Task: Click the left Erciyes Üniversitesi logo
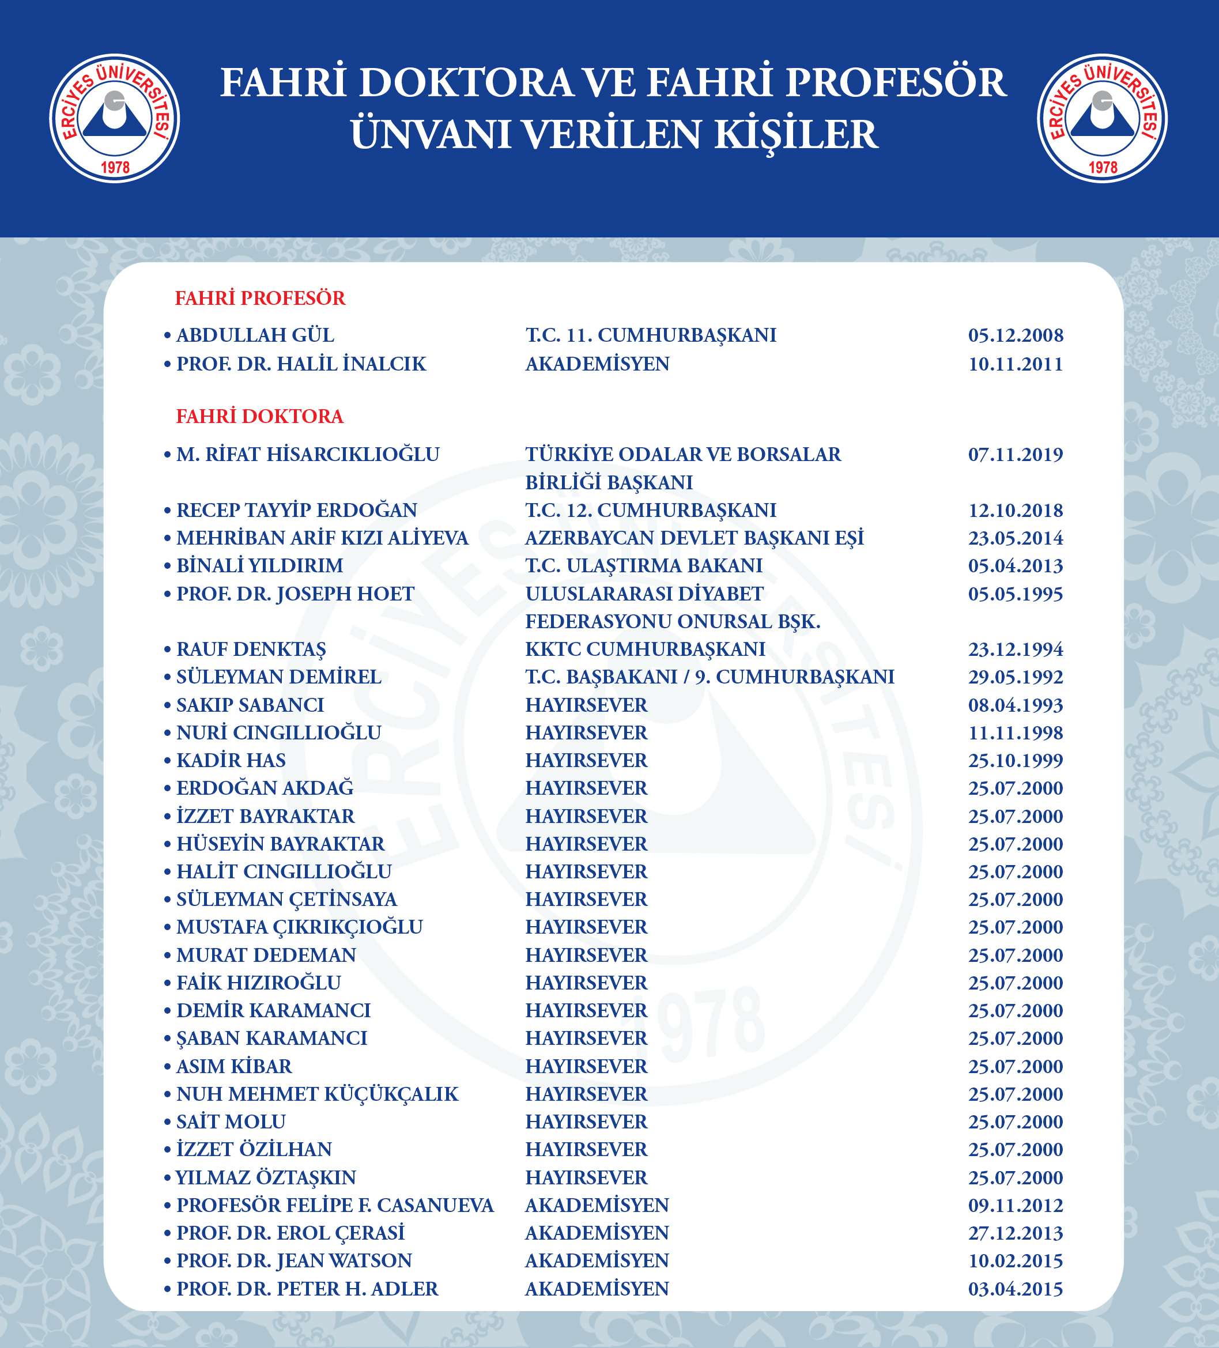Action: (x=114, y=118)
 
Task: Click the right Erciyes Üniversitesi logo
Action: (x=1102, y=118)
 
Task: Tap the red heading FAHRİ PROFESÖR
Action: (x=260, y=298)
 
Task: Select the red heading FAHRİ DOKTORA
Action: (x=259, y=417)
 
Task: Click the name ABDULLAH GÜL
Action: (x=255, y=335)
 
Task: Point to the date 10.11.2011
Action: (x=1015, y=364)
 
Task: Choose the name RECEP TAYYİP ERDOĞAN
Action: (x=296, y=510)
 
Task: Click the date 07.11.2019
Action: (x=1015, y=455)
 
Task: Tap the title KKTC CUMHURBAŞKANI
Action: (x=646, y=650)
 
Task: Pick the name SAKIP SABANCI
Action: (x=250, y=705)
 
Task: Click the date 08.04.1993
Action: (x=1015, y=705)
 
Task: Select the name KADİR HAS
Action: (x=231, y=760)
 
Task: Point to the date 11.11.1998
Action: (x=1015, y=733)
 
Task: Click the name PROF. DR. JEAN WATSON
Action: (x=294, y=1260)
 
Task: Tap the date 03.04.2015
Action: (x=1015, y=1289)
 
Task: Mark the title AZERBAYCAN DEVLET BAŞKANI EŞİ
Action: (x=694, y=538)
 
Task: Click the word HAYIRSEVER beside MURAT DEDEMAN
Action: (x=586, y=955)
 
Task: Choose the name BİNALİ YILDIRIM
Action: (x=259, y=566)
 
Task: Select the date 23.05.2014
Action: (x=1015, y=538)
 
